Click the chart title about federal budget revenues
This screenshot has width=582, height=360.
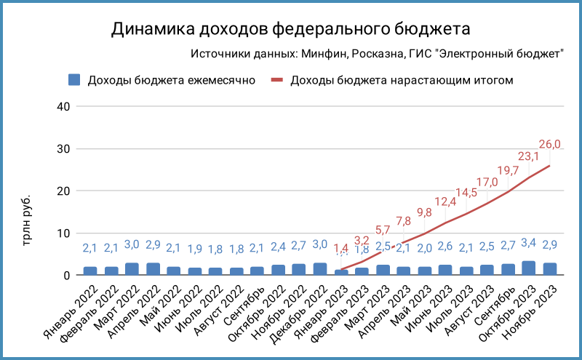point(291,28)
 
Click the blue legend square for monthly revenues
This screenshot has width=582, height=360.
point(73,80)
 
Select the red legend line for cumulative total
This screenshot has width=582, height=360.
point(278,80)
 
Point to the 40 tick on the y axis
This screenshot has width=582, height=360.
point(63,106)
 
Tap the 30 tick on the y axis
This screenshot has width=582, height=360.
point(63,149)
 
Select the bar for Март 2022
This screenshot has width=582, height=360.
point(132,269)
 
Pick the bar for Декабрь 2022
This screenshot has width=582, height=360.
point(320,269)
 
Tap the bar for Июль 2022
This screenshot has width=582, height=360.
point(216,271)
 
